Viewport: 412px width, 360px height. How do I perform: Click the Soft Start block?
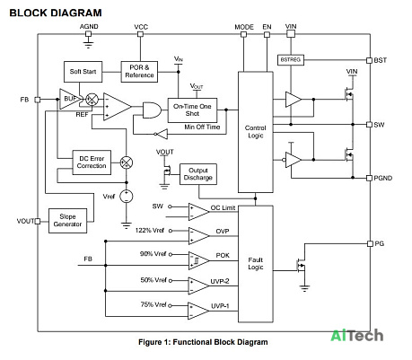83,72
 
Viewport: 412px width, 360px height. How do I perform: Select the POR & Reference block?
139,72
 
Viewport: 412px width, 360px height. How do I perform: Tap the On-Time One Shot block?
192,110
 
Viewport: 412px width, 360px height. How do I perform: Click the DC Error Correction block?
92,162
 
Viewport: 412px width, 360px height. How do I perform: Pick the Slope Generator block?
67,221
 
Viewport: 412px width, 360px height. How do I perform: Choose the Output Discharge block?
198,174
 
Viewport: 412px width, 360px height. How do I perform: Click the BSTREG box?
291,60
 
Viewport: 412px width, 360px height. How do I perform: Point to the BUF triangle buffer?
69,99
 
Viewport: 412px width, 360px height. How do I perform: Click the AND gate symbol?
152,110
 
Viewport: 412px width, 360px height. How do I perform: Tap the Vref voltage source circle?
127,197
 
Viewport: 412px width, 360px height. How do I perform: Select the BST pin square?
370,60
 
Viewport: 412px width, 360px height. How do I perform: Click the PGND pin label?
383,178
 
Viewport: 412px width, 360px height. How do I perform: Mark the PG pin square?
370,243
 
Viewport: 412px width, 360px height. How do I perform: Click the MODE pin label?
244,27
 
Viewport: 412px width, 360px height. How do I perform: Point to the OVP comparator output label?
223,232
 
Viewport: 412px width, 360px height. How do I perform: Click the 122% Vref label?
150,230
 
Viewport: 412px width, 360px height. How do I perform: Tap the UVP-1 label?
220,306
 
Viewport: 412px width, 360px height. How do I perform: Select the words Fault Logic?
256,263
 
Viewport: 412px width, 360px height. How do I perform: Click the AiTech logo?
357,335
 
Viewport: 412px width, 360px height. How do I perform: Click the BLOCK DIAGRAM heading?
56,13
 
